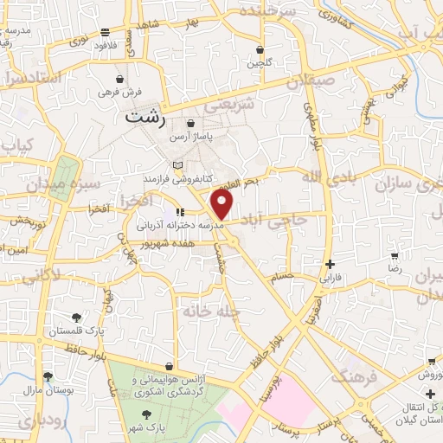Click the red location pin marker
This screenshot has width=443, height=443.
coord(223,206)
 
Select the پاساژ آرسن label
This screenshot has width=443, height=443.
coord(189,138)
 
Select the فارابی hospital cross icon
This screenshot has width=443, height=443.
coord(330,265)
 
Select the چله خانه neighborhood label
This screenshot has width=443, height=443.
coord(210,310)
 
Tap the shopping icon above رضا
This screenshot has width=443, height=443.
coord(395,257)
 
